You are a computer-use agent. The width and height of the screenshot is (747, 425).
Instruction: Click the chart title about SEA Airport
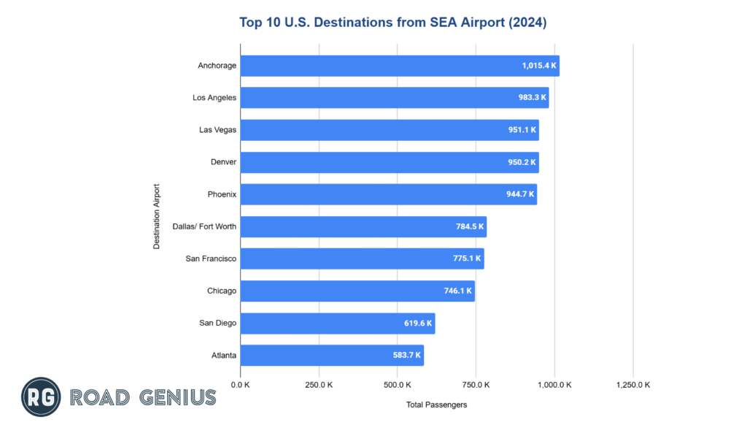click(392, 23)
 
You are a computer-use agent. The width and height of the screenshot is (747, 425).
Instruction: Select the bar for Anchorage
click(399, 66)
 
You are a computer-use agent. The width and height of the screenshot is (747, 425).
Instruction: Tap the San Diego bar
click(337, 323)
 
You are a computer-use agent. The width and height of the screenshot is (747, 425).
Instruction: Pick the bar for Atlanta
click(331, 356)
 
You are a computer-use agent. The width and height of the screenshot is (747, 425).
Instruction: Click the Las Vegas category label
click(217, 130)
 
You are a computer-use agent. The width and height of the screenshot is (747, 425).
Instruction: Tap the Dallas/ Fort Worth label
click(204, 226)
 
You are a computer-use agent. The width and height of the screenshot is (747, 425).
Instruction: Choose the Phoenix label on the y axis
click(222, 194)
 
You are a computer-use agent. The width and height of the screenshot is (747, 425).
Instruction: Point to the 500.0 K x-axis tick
click(398, 385)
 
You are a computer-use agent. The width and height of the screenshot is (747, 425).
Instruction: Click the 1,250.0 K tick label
click(632, 385)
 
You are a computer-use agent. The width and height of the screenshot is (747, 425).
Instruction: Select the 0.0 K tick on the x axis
click(240, 385)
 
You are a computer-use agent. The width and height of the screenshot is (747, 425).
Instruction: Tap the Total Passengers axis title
click(436, 404)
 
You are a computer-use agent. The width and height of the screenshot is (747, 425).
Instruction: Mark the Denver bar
click(389, 162)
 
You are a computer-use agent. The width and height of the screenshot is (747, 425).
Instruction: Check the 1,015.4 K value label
click(538, 66)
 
